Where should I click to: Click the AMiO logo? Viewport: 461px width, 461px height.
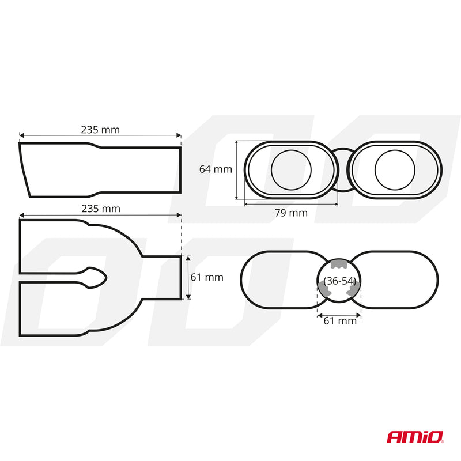click(415, 437)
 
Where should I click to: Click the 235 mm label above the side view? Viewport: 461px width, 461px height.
click(100, 130)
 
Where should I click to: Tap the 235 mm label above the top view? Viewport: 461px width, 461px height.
click(101, 209)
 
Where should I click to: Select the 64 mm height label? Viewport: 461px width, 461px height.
click(216, 169)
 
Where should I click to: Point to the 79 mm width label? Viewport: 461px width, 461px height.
click(291, 213)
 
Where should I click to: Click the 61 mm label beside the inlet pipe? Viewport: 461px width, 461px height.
click(207, 277)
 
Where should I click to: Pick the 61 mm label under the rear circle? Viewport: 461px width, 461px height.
click(340, 320)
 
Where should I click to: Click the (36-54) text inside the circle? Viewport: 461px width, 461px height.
click(340, 281)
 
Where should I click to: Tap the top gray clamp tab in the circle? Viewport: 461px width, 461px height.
click(339, 264)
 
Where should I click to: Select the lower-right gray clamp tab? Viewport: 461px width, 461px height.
click(354, 289)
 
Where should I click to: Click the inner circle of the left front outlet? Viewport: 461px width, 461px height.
click(291, 150)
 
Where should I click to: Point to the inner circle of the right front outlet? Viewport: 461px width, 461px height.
click(395, 150)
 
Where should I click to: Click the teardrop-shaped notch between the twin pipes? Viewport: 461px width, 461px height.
click(95, 278)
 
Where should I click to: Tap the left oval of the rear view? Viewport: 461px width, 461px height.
click(241, 280)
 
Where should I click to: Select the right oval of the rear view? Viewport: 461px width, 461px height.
click(438, 280)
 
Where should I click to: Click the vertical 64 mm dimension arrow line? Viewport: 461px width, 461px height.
click(237, 170)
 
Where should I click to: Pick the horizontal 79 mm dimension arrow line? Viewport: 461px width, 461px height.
click(291, 203)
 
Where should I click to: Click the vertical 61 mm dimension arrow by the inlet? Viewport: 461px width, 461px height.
click(188, 278)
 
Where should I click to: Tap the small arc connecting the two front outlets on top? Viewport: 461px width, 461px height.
click(343, 149)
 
